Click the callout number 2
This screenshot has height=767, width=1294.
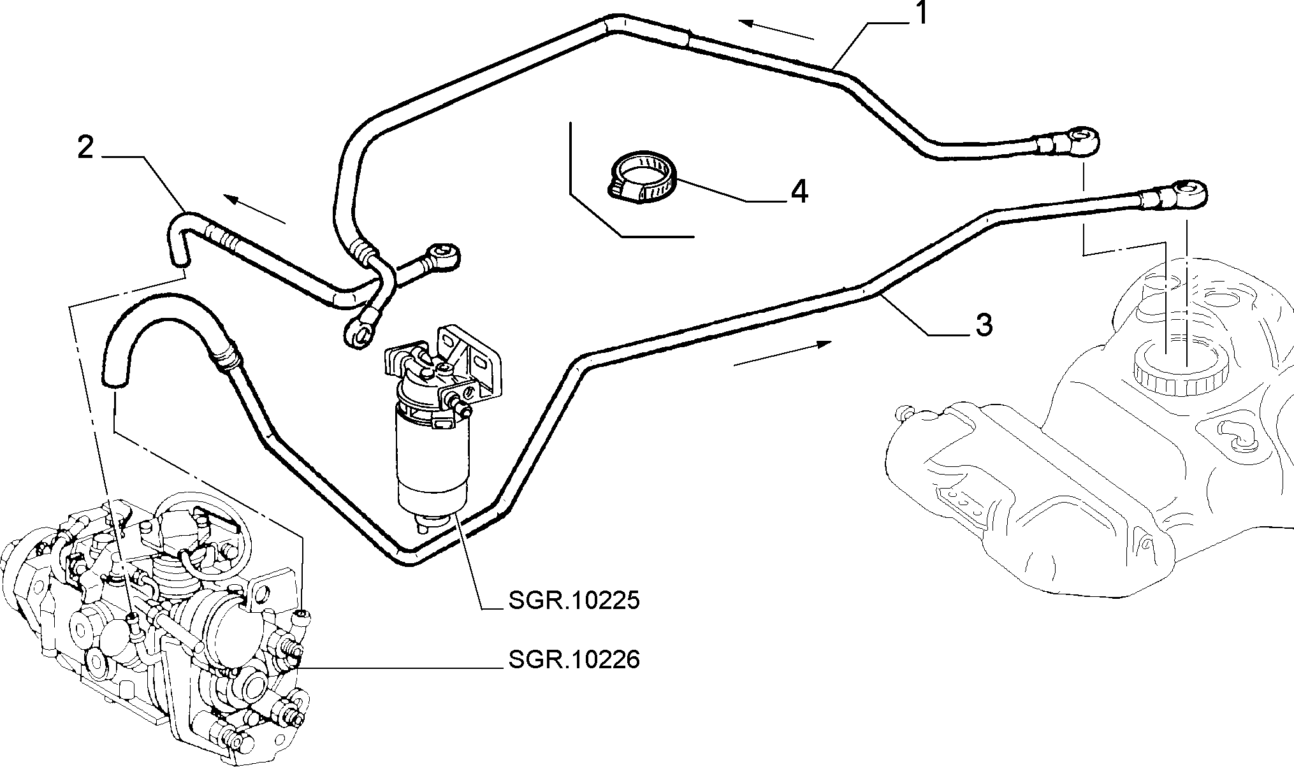point(85,148)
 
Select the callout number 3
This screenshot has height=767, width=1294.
point(984,325)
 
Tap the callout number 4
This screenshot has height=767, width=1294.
point(799,191)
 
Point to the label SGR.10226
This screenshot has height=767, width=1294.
point(574,660)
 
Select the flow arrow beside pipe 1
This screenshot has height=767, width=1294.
point(777,30)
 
